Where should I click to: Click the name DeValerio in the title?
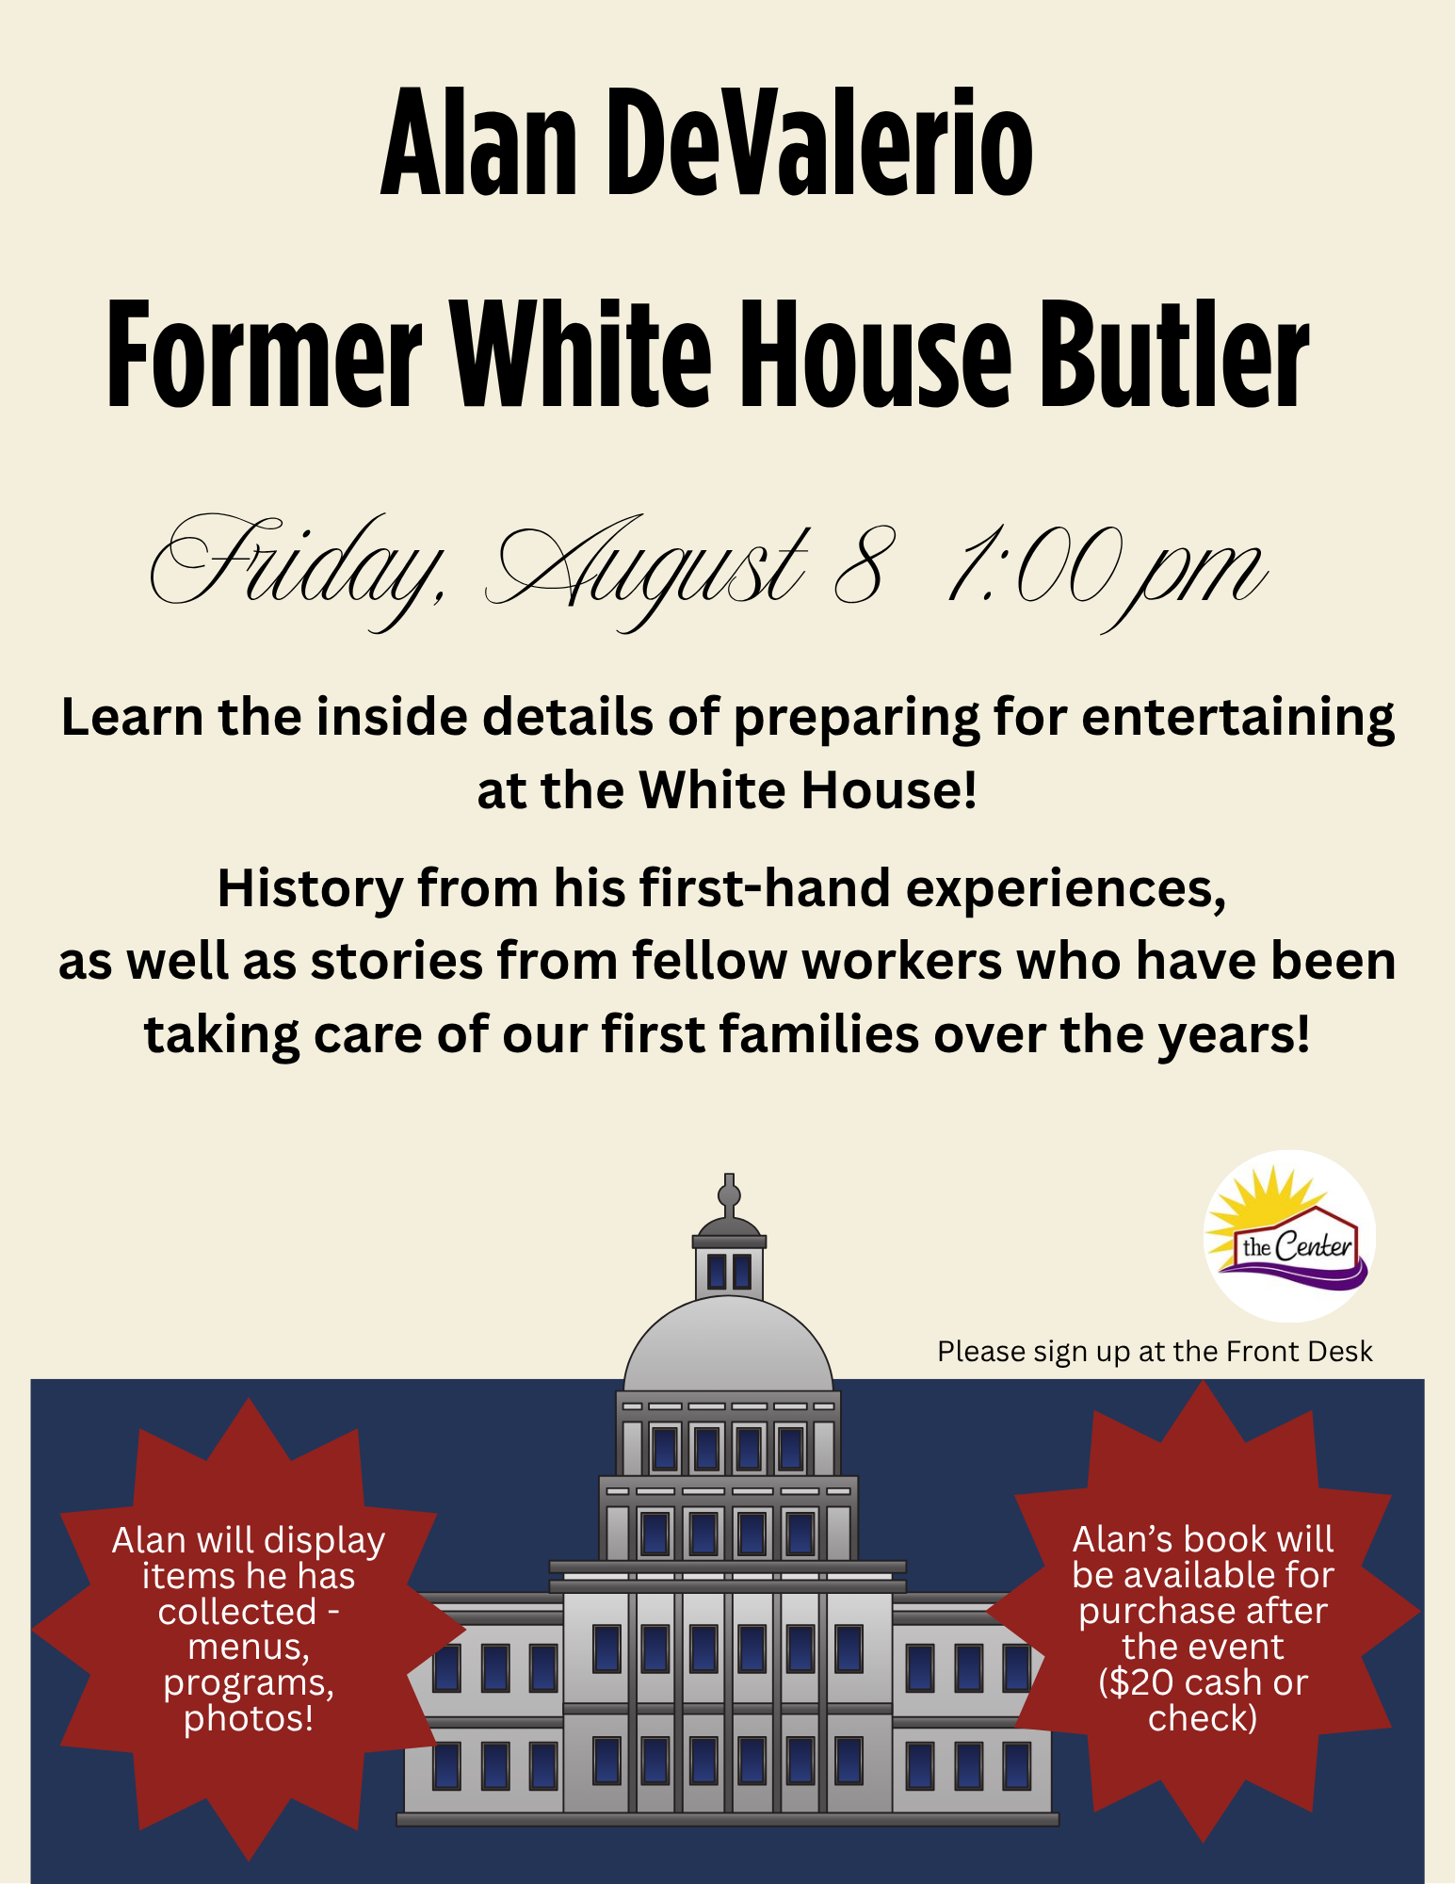[819, 142]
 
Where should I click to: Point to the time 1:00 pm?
[1107, 575]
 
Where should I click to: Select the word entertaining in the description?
[1237, 719]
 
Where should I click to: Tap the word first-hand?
[765, 888]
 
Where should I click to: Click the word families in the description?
[819, 1034]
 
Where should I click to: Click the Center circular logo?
[1289, 1236]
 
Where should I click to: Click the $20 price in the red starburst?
[1136, 1682]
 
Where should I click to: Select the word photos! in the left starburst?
[249, 1718]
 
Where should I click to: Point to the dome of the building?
[728, 1343]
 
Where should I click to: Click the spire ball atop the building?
[729, 1195]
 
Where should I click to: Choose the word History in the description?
[311, 889]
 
